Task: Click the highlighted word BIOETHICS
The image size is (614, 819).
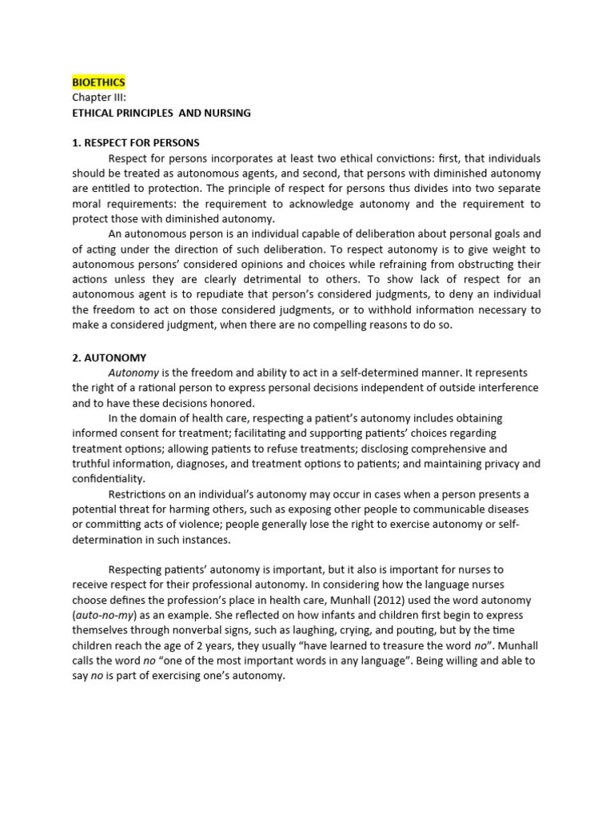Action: [98, 82]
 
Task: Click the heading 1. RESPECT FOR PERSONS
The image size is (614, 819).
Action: [136, 142]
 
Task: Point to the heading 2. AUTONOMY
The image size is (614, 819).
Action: [110, 358]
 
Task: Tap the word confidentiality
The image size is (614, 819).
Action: [109, 479]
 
